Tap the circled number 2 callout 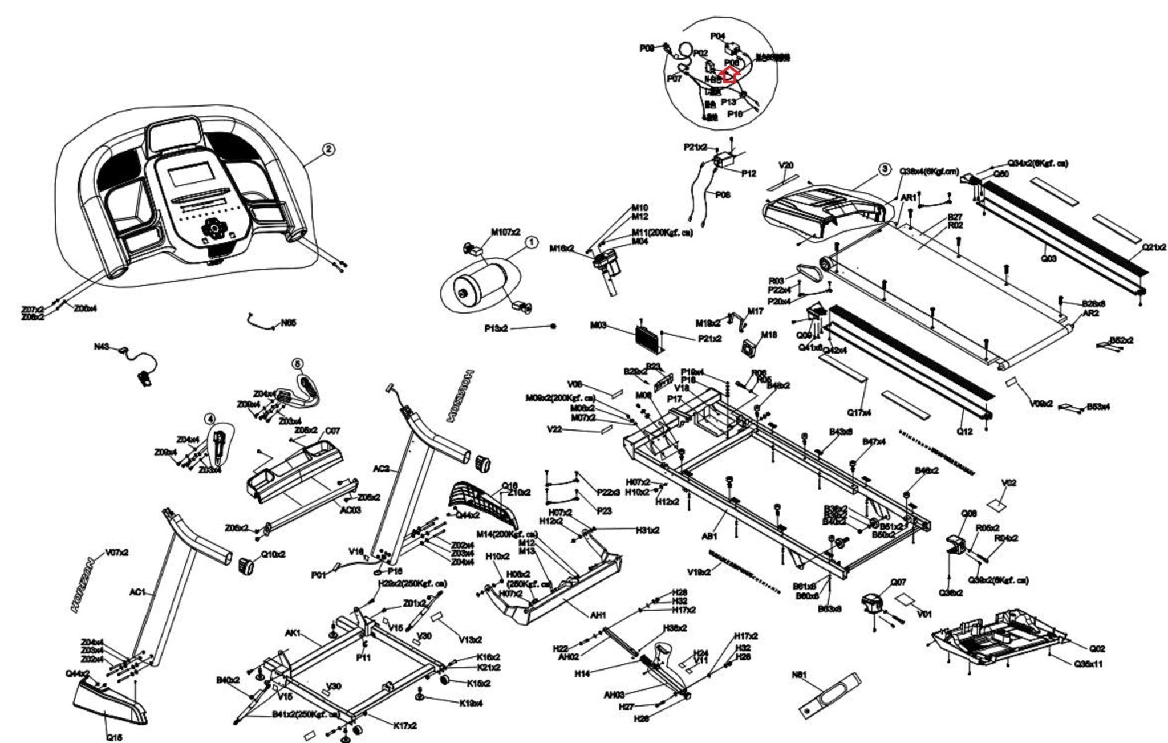[328, 149]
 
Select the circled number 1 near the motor [531, 243]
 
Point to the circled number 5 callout [297, 363]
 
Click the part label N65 [289, 323]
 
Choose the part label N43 [102, 347]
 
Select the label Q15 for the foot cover [114, 737]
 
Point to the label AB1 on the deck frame [709, 536]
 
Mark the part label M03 [598, 325]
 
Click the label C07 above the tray [332, 431]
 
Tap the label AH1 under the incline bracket [597, 615]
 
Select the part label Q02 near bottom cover [1097, 648]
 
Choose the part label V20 [786, 165]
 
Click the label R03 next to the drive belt [776, 281]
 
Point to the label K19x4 [471, 703]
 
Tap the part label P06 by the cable [723, 194]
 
